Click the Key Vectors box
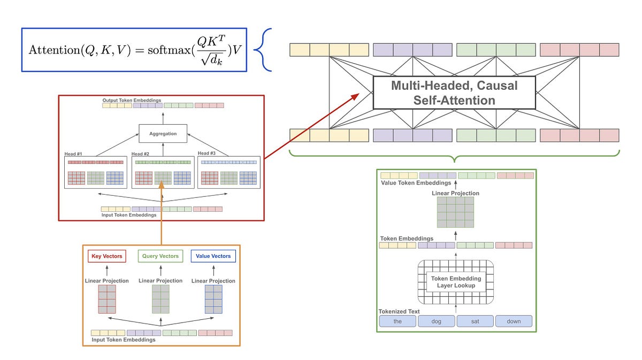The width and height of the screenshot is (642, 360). (107, 256)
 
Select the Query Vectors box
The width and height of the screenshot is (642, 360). (160, 256)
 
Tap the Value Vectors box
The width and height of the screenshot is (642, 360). (213, 256)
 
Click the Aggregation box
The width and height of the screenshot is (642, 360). (163, 133)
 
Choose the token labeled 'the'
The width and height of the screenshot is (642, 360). (398, 321)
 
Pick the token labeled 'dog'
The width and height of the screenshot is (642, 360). (436, 321)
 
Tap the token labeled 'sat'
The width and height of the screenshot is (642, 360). (475, 321)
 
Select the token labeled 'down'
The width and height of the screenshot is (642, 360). (514, 321)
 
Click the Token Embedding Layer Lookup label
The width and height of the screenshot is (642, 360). (456, 282)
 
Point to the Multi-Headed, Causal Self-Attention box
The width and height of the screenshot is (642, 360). (454, 93)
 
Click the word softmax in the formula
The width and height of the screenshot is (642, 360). (169, 50)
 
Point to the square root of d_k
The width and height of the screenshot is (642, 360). (212, 59)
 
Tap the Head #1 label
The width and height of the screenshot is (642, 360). (73, 154)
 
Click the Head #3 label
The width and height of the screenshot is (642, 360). (207, 154)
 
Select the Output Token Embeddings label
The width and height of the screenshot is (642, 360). (132, 100)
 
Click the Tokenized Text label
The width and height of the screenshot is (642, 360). (399, 311)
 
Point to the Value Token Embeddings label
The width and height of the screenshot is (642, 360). (416, 183)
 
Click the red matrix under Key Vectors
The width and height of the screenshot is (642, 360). (107, 299)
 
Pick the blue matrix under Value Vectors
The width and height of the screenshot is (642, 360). (213, 299)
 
